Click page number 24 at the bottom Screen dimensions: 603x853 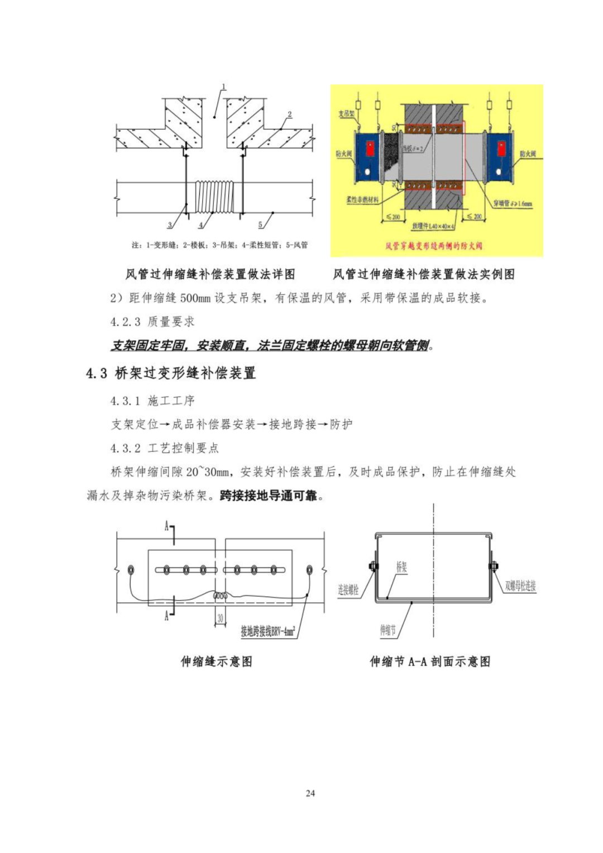(310, 793)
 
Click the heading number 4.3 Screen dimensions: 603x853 (97, 373)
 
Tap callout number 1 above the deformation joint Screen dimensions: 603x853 (223, 87)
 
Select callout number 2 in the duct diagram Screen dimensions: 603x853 (289, 115)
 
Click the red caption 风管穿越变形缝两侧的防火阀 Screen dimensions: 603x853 (433, 245)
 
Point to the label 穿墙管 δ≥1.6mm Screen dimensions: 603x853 (513, 203)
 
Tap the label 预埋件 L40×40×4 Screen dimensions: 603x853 (434, 226)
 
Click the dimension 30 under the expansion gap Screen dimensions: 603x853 (220, 618)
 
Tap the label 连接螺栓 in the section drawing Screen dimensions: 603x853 (348, 590)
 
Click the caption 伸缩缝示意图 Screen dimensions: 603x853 (216, 662)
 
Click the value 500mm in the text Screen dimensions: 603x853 (195, 298)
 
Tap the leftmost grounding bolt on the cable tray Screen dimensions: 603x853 (130, 570)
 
